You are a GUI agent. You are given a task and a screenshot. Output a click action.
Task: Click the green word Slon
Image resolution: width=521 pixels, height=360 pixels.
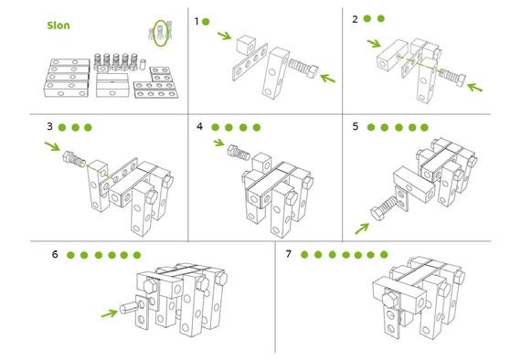(58, 26)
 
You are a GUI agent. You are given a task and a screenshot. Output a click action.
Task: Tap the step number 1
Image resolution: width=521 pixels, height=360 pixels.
(197, 22)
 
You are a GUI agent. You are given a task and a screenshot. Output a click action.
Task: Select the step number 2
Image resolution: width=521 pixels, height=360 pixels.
(356, 19)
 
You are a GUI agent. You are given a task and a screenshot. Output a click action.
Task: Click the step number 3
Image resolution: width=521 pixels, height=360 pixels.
(50, 126)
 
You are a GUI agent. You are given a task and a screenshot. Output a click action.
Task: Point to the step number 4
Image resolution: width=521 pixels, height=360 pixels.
(199, 126)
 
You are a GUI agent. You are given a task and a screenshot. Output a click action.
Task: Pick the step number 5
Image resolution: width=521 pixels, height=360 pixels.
(356, 126)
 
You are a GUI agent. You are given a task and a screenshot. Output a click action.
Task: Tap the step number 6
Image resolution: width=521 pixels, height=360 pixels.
(55, 254)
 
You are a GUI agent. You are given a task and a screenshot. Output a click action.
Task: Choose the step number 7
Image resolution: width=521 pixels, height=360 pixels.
(289, 254)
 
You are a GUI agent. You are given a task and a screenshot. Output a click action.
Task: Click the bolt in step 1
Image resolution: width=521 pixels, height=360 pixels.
(303, 68)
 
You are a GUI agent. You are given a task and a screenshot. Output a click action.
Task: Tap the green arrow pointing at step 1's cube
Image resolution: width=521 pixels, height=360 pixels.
(225, 36)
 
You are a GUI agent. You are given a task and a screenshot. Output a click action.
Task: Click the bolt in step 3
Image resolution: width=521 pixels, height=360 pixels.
(74, 159)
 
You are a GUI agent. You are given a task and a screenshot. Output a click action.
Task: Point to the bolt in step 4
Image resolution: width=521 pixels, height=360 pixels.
(239, 153)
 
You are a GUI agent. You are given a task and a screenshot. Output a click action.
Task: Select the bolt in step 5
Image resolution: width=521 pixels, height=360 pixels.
(385, 207)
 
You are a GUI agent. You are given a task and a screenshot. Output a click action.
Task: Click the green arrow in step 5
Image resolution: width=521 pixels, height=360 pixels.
(362, 228)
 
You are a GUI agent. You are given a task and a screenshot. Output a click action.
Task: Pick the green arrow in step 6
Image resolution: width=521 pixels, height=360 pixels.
(110, 313)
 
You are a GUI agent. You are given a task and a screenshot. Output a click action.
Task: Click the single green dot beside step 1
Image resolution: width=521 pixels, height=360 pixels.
(206, 22)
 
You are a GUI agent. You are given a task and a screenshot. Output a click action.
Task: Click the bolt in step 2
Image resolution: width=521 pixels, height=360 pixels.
(452, 77)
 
